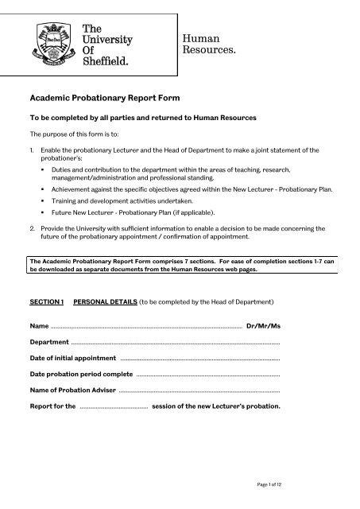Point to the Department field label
49,342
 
